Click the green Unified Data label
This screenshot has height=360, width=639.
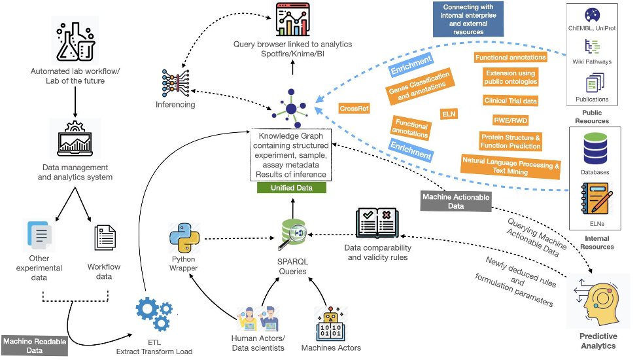292,188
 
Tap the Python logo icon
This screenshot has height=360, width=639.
184,238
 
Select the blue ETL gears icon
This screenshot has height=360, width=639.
154,314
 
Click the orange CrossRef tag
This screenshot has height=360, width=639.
354,109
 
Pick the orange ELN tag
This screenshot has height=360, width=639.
449,114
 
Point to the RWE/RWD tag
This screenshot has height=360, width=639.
510,120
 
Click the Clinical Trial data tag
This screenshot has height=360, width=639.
510,101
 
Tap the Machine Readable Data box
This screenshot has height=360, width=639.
35,346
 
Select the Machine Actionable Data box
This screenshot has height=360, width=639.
456,202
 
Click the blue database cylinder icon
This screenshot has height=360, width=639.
595,149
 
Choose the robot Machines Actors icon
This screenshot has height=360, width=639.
330,324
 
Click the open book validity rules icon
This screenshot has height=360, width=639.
377,223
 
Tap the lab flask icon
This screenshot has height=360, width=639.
75,41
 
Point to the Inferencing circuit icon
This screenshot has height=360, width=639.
176,82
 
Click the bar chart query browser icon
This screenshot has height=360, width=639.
292,19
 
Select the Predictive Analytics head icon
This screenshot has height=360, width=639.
598,302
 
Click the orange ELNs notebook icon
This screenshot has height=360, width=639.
596,198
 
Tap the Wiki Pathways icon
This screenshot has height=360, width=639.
592,47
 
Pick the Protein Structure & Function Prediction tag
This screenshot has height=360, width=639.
510,141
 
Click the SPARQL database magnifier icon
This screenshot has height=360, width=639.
293,234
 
